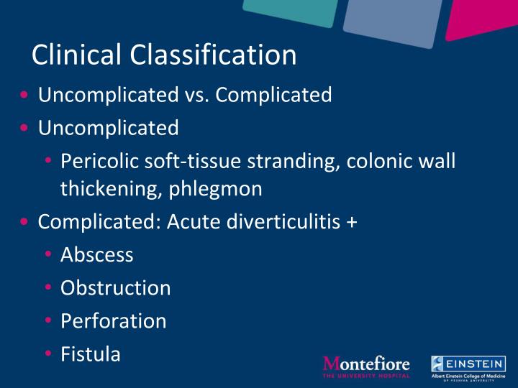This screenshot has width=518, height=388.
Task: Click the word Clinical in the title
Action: click(x=77, y=55)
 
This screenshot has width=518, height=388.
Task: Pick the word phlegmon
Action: click(x=221, y=188)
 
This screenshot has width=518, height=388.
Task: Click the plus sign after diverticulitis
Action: click(x=351, y=222)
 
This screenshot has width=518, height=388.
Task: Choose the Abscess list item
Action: click(x=97, y=254)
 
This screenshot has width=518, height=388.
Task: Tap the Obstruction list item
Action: click(x=116, y=287)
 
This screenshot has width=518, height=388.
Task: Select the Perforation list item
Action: click(x=113, y=320)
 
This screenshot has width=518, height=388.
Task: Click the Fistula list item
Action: click(x=91, y=354)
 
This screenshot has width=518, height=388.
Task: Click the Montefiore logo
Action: click(x=366, y=364)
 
